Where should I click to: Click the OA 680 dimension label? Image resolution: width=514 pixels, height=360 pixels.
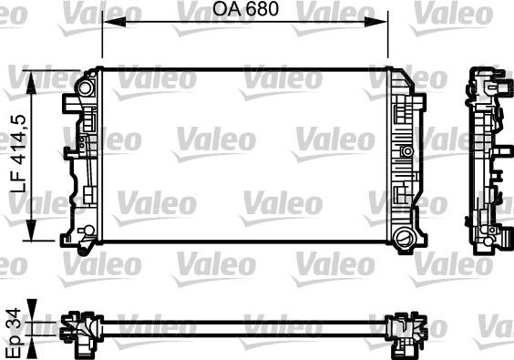(246, 9)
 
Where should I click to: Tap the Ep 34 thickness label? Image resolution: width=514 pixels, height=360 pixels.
(14, 334)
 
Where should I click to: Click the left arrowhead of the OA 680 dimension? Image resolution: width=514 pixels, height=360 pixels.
(114, 22)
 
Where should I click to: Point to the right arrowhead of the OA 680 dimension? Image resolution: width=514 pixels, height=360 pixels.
(376, 22)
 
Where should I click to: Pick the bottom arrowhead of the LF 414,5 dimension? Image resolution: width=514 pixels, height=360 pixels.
(31, 230)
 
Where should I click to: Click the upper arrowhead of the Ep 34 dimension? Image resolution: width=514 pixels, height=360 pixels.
(32, 311)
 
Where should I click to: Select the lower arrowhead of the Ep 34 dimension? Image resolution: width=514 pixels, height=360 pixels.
(32, 347)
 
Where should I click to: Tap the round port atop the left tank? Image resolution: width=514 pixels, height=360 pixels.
(85, 87)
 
